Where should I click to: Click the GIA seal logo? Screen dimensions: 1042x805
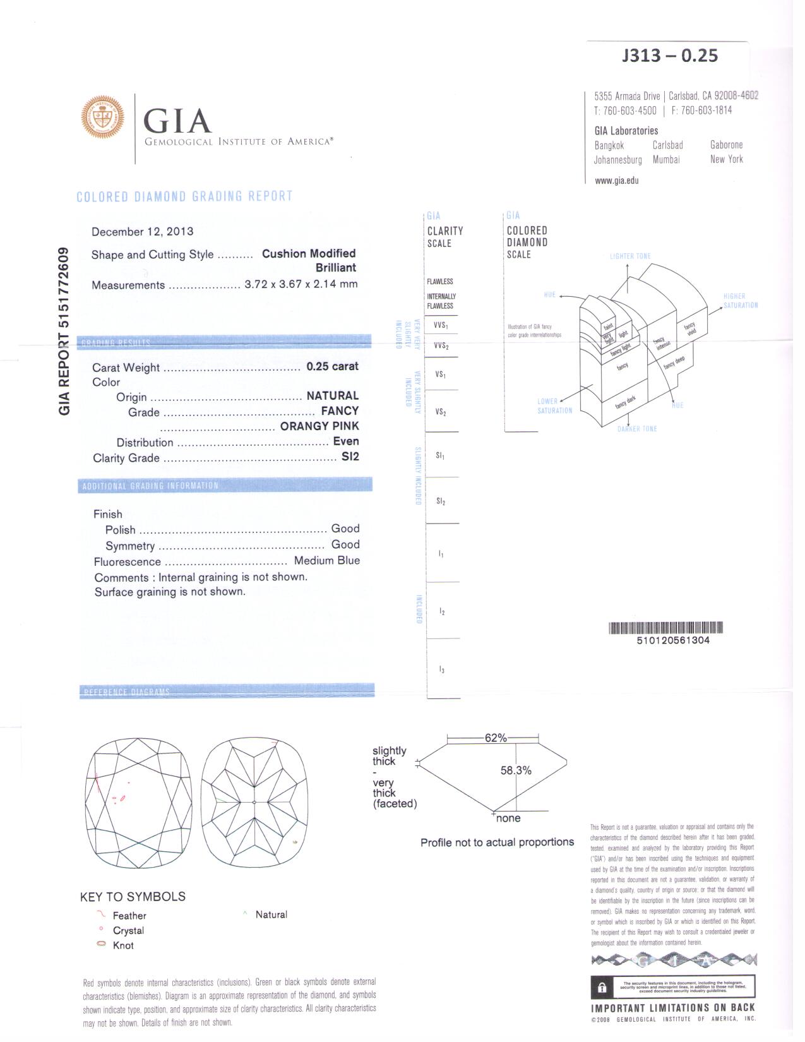pos(102,117)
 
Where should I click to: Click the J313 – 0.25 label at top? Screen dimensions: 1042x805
pos(669,56)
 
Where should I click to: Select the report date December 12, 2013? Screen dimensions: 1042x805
pos(142,232)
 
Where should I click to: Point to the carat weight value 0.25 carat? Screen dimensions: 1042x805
pos(332,366)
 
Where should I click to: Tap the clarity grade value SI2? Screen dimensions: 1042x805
pos(350,457)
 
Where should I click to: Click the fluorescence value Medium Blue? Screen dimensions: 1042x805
pos(326,561)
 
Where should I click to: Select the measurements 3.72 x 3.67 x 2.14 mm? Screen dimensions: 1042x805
pos(301,284)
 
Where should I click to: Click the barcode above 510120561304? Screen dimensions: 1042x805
pos(665,628)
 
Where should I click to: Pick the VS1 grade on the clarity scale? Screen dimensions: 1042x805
pos(441,374)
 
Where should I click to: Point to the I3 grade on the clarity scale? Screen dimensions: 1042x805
pos(442,669)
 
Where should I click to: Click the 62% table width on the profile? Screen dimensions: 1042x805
pos(496,738)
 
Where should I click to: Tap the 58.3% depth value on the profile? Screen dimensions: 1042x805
pos(516,770)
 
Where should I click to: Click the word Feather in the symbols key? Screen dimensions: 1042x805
pos(129,916)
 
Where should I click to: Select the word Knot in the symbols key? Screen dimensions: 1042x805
pos(123,945)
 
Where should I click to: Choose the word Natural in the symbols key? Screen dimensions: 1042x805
pos(271,914)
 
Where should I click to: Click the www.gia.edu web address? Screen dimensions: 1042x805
pos(616,181)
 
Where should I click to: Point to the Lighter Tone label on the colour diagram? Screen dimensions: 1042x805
pos(630,256)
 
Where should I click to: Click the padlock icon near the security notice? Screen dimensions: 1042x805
pos(602,988)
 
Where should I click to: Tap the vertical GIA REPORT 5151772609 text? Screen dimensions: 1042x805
pos(64,332)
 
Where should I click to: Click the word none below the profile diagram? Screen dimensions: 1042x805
pos(508,818)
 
